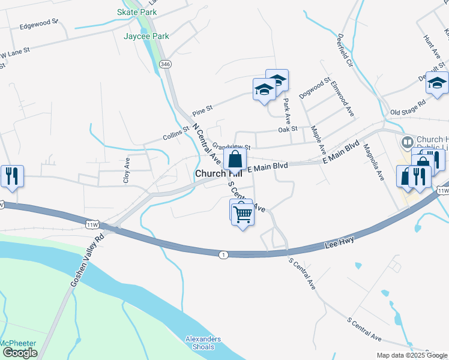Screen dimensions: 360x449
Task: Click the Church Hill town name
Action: [x=209, y=173]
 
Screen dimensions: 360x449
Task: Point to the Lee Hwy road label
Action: [x=340, y=241]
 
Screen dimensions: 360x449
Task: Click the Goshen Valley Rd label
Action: [x=87, y=260]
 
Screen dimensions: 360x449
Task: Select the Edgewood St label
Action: [x=38, y=25]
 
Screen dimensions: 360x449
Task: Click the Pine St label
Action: [x=203, y=112]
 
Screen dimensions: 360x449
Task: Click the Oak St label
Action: [x=288, y=129]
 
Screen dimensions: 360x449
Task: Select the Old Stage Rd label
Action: [x=408, y=107]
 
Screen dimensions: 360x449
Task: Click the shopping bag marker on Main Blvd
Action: [x=235, y=160]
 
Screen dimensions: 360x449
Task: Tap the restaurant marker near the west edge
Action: [x=12, y=176]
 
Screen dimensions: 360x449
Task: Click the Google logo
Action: [x=20, y=353]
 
